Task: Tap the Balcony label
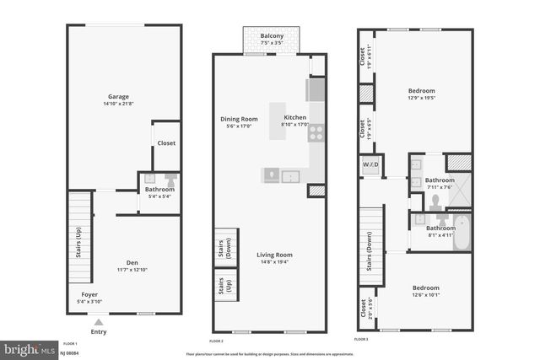(272, 35)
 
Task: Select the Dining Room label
(239, 119)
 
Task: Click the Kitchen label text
(294, 118)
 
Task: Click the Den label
(124, 261)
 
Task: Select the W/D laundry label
(370, 164)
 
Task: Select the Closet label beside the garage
(166, 143)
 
